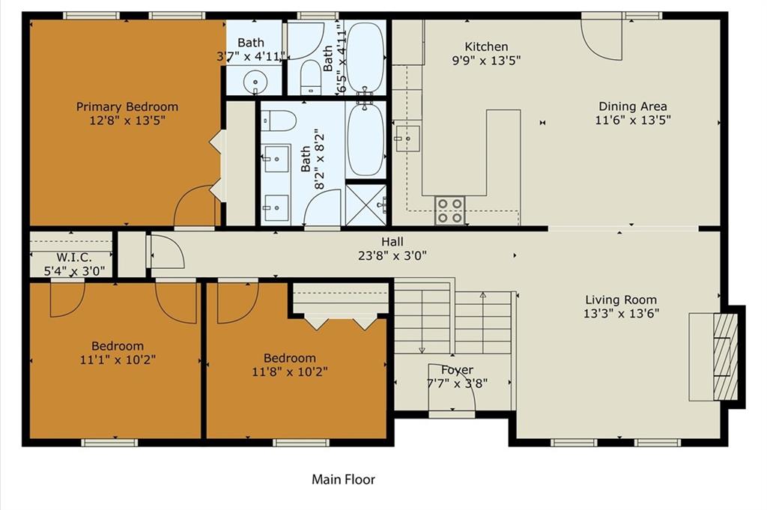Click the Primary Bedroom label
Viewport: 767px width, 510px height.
pyautogui.click(x=127, y=106)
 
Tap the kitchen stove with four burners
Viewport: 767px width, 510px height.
pyautogui.click(x=450, y=210)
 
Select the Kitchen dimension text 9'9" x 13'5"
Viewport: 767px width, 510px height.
pyautogui.click(x=486, y=60)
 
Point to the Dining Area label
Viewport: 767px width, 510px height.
pyautogui.click(x=632, y=106)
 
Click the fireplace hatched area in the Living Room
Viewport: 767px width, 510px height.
pyautogui.click(x=725, y=357)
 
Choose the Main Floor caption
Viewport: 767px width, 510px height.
pyautogui.click(x=343, y=479)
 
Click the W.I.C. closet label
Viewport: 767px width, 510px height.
pyautogui.click(x=74, y=257)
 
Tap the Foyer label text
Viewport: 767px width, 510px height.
pyautogui.click(x=458, y=370)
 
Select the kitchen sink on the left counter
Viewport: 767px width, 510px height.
pyautogui.click(x=407, y=139)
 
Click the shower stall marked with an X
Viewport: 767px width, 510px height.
pyautogui.click(x=366, y=204)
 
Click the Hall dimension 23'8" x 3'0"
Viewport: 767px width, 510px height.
pyautogui.click(x=392, y=255)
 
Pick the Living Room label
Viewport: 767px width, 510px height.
pyautogui.click(x=621, y=300)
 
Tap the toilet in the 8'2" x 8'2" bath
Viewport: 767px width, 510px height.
pyautogui.click(x=279, y=121)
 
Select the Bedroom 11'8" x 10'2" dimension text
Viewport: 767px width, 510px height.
pyautogui.click(x=290, y=371)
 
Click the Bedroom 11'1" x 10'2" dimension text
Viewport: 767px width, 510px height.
pyautogui.click(x=118, y=360)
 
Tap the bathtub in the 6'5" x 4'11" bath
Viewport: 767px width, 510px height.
pyautogui.click(x=365, y=57)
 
